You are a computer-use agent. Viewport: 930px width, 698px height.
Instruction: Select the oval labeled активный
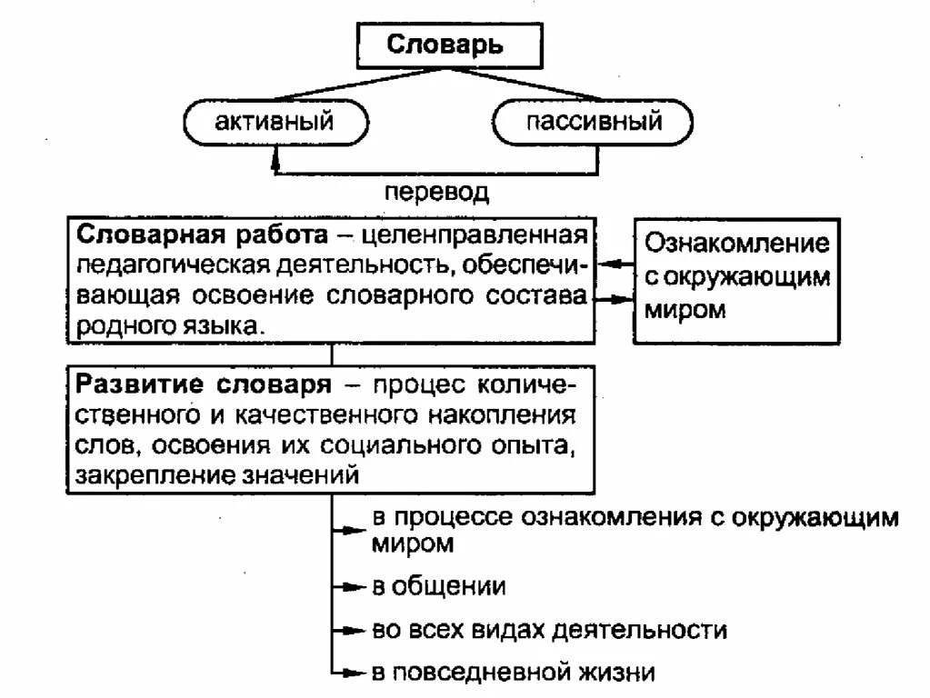275,121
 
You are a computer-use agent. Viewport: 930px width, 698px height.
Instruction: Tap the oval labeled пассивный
594,121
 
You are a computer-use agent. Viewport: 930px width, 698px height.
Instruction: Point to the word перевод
436,192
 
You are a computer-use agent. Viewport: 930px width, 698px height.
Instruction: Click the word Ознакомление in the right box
737,244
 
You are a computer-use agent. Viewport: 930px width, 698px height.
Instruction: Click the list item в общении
438,586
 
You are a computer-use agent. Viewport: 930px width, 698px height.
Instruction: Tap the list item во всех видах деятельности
549,630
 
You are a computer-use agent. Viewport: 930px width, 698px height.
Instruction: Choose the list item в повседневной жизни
513,673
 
